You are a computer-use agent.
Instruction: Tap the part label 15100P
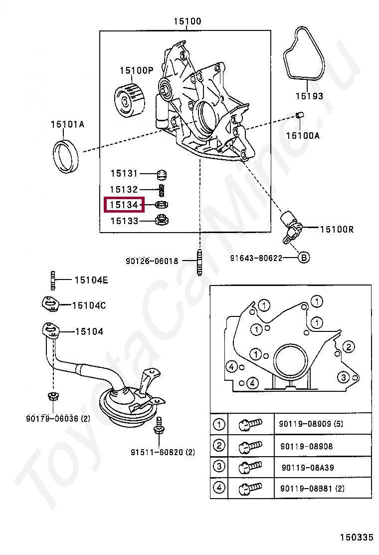tap(136, 70)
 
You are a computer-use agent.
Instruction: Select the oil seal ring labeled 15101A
tap(66, 157)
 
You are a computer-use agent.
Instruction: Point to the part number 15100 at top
tap(188, 21)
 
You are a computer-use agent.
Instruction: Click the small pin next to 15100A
tap(300, 116)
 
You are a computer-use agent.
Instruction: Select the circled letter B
tap(304, 258)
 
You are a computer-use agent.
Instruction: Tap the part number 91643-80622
tap(256, 258)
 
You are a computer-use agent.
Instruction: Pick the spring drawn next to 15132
tap(161, 190)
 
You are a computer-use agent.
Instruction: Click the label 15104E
tap(91, 280)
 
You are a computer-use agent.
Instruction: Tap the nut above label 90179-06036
tap(51, 396)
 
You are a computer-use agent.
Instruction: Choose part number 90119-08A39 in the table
tap(307, 468)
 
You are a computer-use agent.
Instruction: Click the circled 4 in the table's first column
tap(219, 488)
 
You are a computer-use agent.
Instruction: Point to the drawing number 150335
tap(356, 538)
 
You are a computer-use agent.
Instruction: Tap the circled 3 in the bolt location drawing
tap(343, 377)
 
